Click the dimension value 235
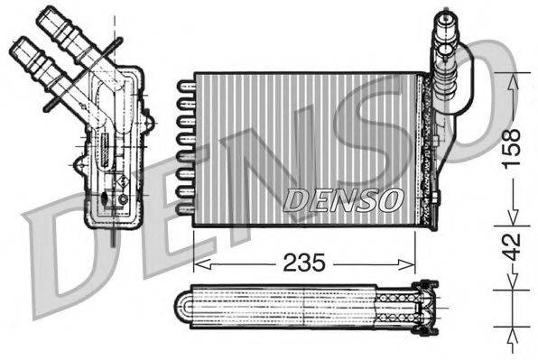[x=304, y=263]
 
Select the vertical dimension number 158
[x=511, y=143]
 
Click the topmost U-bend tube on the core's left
[x=185, y=87]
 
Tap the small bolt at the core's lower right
[x=435, y=199]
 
